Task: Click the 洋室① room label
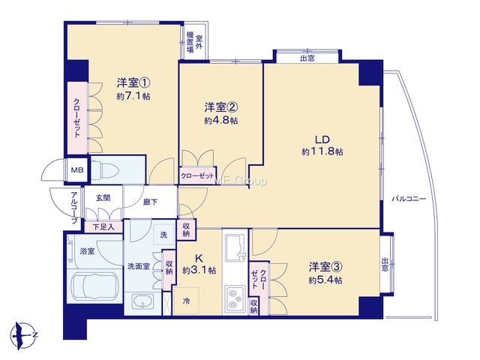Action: click(133, 82)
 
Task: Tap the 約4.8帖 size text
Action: click(221, 121)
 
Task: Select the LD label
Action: click(322, 139)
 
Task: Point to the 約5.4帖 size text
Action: click(325, 280)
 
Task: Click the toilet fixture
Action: click(104, 169)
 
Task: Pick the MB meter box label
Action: click(77, 170)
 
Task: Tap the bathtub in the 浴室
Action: click(94, 286)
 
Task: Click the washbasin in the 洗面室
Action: click(142, 301)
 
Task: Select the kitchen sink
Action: click(235, 247)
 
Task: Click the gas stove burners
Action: click(235, 300)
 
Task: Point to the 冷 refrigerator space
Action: click(186, 301)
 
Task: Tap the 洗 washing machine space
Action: click(163, 235)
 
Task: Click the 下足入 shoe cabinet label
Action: click(103, 227)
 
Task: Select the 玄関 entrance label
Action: click(103, 198)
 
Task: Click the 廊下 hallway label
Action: click(150, 202)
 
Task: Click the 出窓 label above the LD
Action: click(307, 58)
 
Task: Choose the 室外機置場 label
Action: click(195, 43)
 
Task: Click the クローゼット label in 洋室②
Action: click(197, 176)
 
